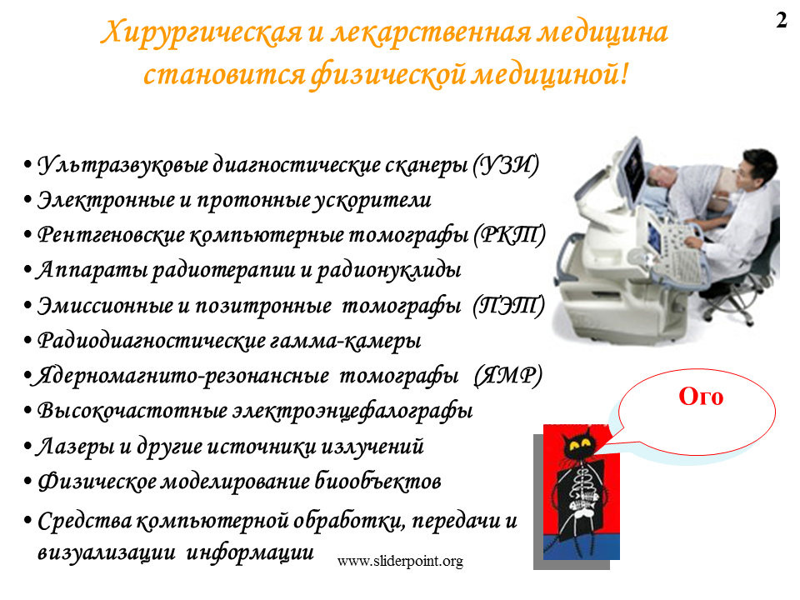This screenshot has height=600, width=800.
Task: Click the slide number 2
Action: click(781, 20)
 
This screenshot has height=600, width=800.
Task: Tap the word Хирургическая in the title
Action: click(201, 33)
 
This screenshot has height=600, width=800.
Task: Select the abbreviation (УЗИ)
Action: click(505, 165)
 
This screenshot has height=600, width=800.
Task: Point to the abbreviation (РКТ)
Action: click(509, 235)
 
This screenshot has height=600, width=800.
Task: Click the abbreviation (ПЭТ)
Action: click(508, 306)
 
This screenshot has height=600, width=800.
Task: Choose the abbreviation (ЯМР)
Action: click(507, 376)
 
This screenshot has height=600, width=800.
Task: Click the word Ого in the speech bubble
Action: click(701, 397)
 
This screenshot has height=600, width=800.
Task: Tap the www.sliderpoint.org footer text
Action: click(400, 561)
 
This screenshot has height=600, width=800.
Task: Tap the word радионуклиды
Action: click(389, 271)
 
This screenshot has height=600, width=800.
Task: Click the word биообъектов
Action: click(377, 481)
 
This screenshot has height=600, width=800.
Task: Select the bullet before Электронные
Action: click(28, 201)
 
